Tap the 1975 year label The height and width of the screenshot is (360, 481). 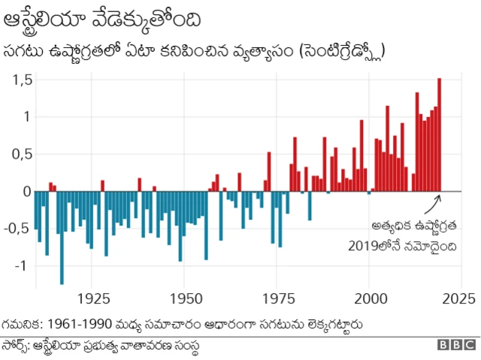tap(278, 298)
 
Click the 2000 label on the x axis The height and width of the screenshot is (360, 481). tap(370, 298)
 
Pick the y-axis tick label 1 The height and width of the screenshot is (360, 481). tap(27, 116)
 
